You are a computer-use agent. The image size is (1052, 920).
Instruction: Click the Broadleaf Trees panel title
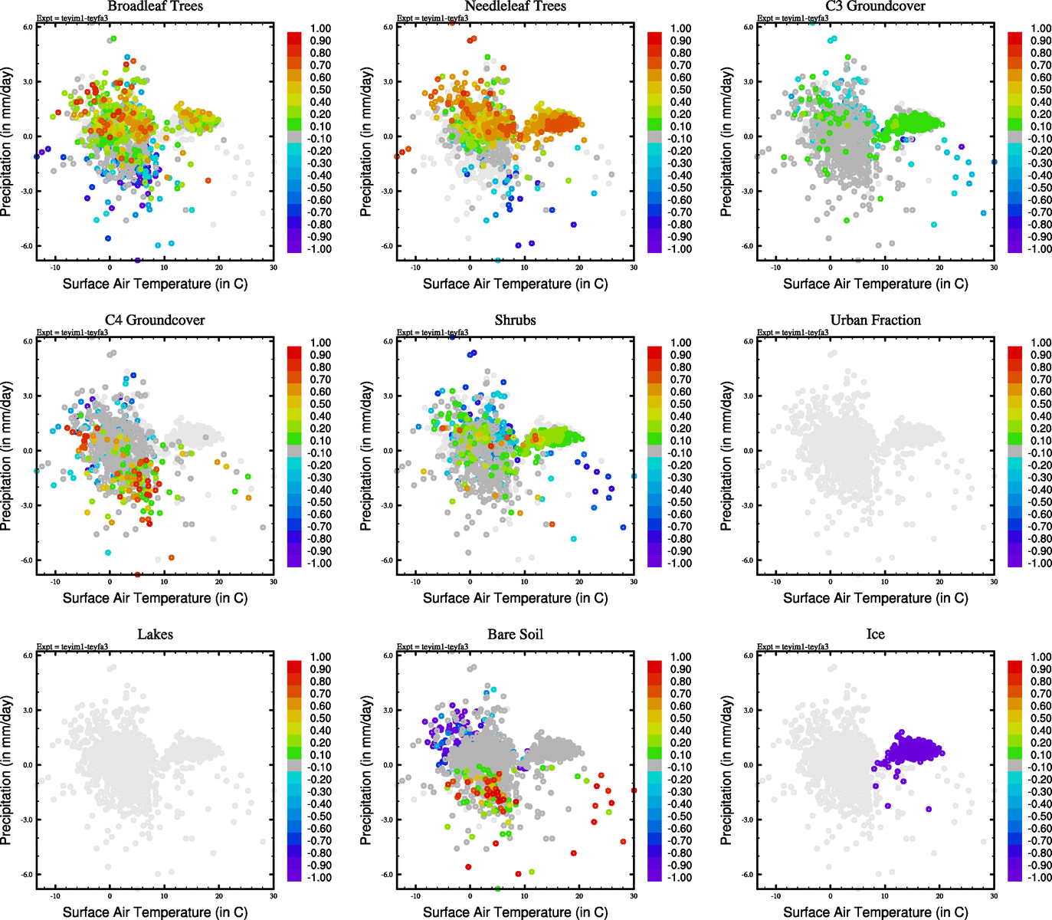coord(155,6)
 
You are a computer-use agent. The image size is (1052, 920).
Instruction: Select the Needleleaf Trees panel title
coord(515,6)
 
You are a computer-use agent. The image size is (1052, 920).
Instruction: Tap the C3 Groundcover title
coord(875,6)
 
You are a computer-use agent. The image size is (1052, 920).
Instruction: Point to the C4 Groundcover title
coord(155,320)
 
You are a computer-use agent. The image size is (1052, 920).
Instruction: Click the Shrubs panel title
coord(515,320)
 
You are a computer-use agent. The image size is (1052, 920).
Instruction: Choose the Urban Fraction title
coord(875,320)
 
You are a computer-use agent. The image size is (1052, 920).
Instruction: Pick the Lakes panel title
coord(155,635)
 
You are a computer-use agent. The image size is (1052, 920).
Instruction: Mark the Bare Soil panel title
coord(515,635)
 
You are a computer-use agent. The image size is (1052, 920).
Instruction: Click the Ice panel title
coord(875,635)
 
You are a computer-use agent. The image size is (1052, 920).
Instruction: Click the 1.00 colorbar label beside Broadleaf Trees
coord(320,28)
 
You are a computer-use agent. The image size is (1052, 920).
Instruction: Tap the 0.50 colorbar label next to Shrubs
coord(680,404)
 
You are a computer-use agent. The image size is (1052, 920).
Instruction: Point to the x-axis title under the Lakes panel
coord(155,912)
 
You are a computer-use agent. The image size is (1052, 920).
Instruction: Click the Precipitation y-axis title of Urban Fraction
coord(727,456)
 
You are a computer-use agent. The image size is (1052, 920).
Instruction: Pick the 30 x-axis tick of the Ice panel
coord(994,895)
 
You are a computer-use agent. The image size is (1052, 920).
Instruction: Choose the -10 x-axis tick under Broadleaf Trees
coord(55,268)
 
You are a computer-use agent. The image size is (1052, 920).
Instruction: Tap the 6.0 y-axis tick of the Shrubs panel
coord(388,341)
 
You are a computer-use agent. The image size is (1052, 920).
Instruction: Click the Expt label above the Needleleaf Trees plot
coord(432,18)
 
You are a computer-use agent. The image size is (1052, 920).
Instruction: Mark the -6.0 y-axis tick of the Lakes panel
coord(28,875)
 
